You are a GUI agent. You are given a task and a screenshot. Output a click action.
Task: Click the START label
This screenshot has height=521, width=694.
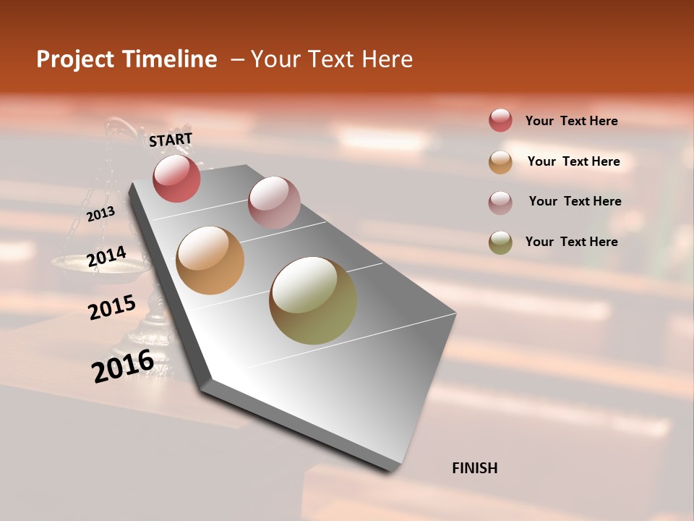[171, 139]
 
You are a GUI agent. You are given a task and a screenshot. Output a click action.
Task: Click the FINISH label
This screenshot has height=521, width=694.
[474, 468]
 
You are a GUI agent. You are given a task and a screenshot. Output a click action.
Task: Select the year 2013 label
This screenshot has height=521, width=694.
[100, 214]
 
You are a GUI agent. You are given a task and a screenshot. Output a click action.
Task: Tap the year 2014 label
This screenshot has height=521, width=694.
[106, 257]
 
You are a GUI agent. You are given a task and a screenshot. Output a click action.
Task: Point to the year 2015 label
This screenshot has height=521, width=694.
[112, 307]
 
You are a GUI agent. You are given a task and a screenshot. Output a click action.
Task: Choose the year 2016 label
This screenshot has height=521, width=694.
[123, 365]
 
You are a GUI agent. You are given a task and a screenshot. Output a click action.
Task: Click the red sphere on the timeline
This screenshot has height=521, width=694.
[176, 179]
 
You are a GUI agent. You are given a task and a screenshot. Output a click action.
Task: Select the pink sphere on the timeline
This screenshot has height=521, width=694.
[274, 202]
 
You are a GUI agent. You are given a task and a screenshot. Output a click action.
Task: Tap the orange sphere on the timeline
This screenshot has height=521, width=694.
[210, 260]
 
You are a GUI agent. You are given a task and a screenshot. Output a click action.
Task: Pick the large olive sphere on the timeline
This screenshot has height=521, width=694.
[313, 300]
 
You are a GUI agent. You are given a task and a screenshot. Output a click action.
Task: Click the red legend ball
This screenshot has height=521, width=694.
[500, 121]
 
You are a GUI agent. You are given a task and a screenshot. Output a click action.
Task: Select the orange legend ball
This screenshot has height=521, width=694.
[500, 162]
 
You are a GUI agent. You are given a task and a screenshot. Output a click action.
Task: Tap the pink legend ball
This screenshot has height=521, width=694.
[500, 203]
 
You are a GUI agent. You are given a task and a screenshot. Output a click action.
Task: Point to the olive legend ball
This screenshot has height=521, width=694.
[500, 242]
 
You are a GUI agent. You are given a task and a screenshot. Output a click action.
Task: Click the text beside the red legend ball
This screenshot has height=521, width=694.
[571, 121]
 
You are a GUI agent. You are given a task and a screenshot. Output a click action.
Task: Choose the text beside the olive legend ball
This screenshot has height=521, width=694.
[571, 242]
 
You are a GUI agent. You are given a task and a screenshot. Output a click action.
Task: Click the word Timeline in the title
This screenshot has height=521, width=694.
[170, 59]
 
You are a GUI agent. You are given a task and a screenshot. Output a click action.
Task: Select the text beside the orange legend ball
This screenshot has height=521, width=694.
[573, 161]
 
